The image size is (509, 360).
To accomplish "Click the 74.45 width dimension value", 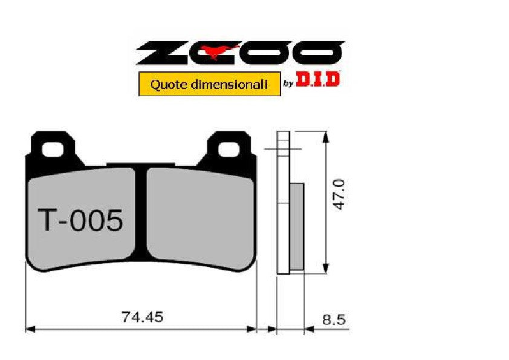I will tap(143, 316).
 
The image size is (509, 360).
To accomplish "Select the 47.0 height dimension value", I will tap(340, 194).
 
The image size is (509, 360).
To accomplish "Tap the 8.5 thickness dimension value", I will tap(333, 320).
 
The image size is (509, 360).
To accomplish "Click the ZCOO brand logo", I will tap(240, 53).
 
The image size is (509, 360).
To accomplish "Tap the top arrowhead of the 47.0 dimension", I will tap(326, 137).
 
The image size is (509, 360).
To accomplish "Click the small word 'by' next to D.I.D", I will tap(288, 84).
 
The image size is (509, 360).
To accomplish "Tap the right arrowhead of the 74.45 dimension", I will tap(253, 330).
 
